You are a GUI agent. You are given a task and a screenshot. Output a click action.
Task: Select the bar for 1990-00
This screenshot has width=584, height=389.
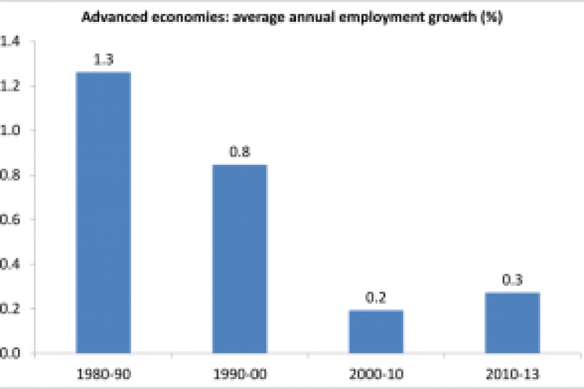coord(240,259)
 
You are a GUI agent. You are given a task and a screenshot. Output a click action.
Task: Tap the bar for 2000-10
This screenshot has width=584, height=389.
coord(376,331)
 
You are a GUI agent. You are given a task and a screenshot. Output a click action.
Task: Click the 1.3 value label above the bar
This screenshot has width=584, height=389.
coord(103,61)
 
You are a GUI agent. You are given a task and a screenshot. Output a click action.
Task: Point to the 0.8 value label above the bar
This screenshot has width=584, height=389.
coord(240,153)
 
